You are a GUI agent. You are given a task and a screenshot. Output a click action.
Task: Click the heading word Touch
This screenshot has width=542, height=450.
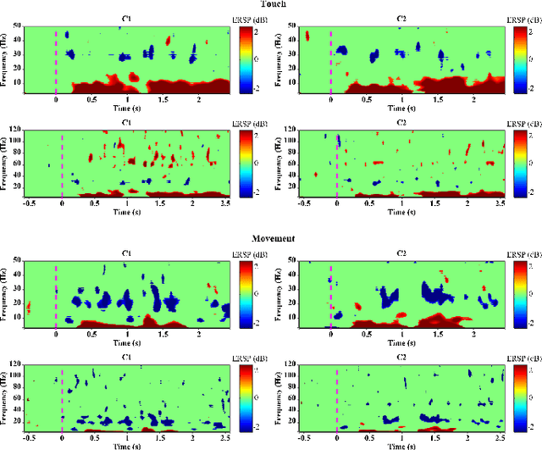pos(273,5)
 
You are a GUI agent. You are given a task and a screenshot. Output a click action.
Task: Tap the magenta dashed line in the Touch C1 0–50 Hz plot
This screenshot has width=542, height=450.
pos(56,59)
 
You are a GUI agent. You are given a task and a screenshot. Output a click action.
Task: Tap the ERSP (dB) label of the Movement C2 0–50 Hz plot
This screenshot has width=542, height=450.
pos(526,253)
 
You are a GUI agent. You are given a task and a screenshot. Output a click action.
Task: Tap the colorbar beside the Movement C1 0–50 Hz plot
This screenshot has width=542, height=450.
pos(246,294)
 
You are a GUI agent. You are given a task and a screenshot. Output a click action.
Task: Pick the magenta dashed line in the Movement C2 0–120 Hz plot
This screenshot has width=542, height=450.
pos(337,398)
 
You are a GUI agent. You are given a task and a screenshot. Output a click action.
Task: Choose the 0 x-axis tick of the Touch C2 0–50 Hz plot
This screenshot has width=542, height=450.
pos(330,99)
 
